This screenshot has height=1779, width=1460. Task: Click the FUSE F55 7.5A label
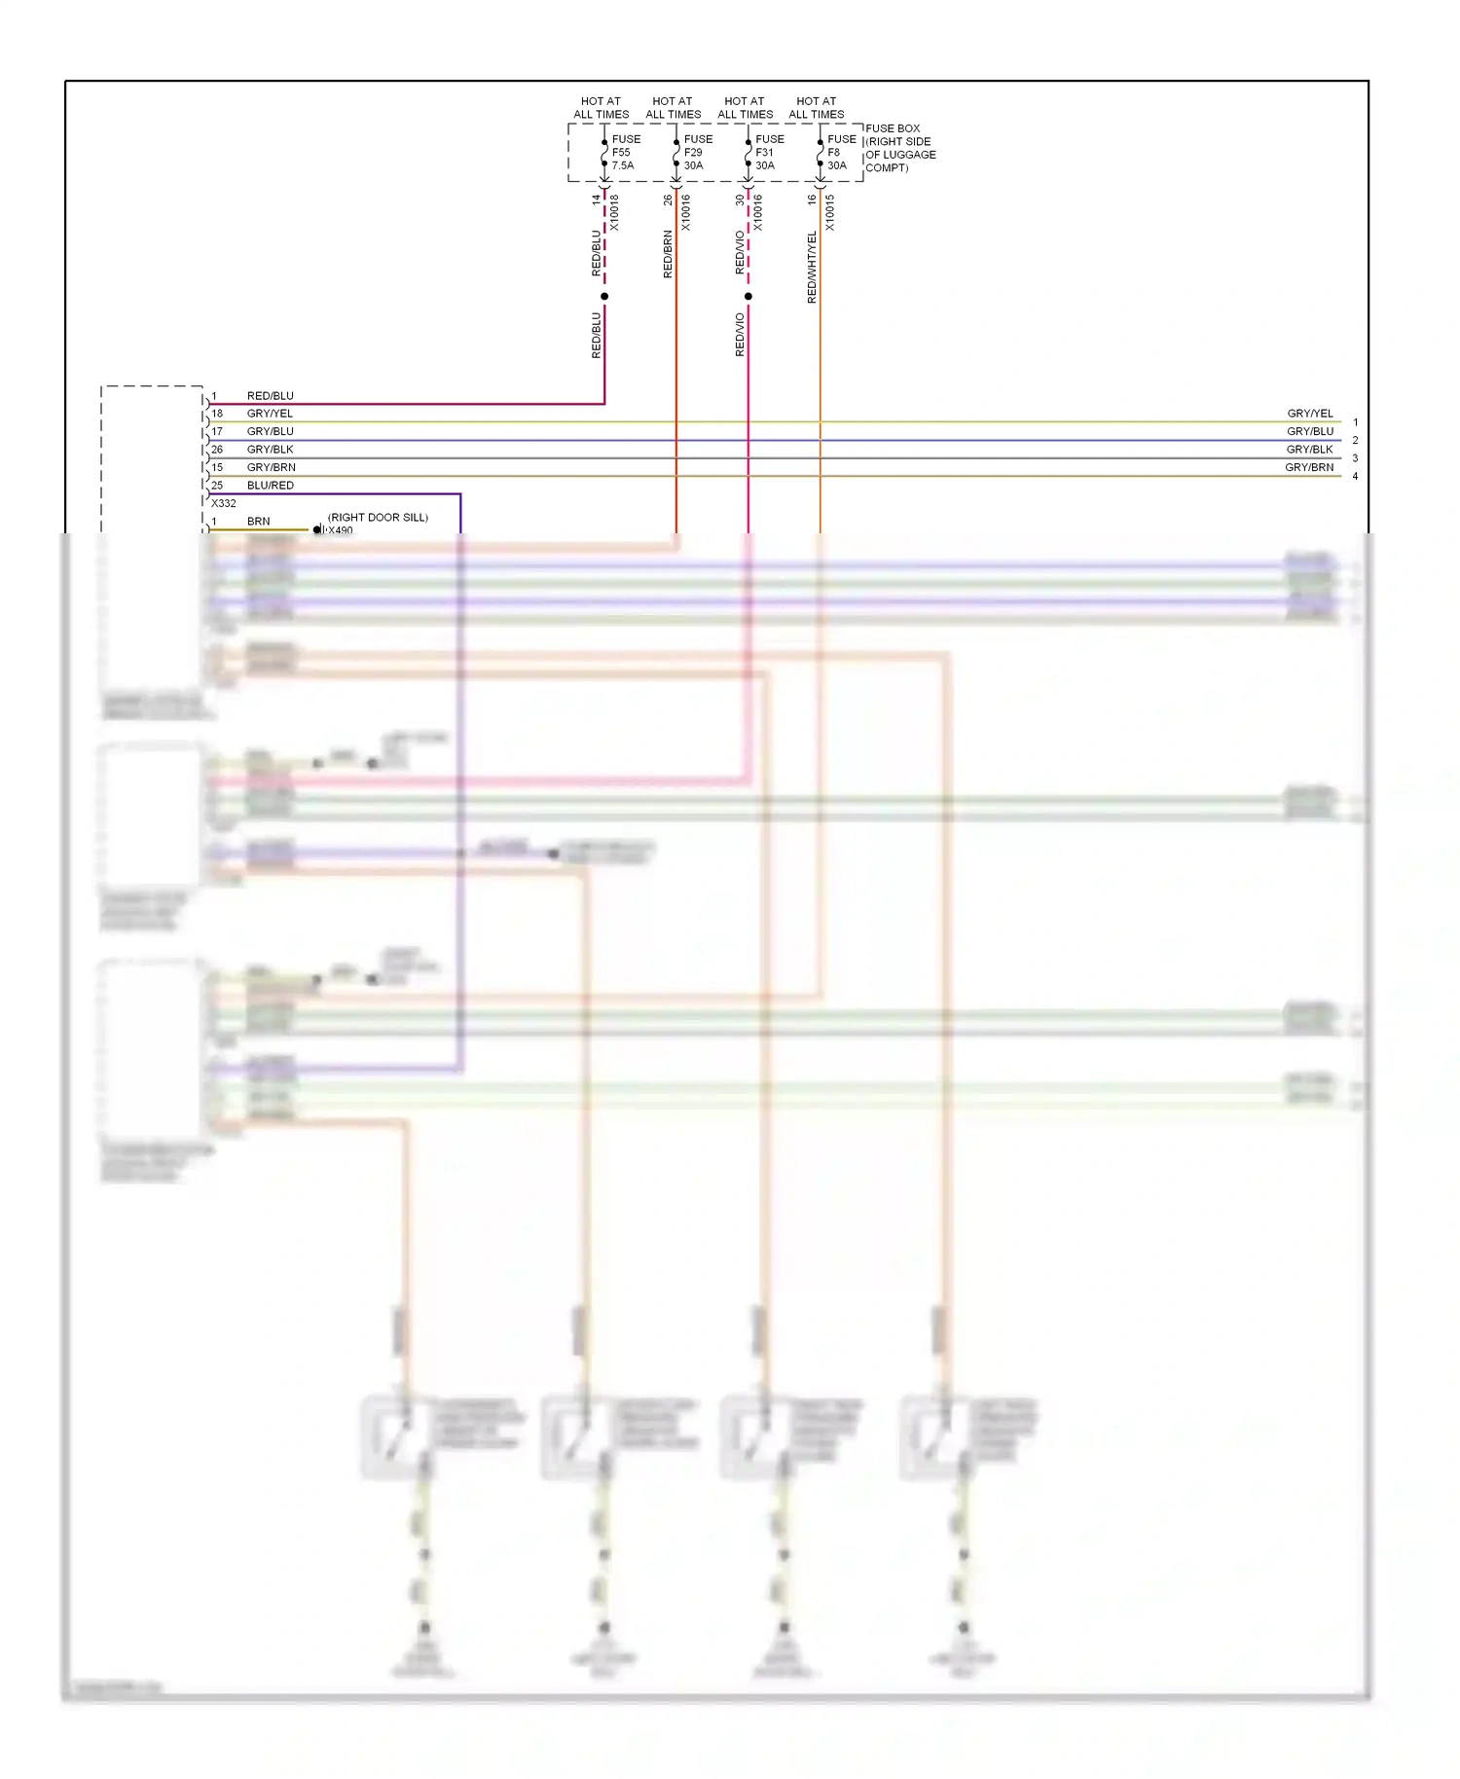pyautogui.click(x=625, y=153)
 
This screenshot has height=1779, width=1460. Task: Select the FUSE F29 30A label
pyautogui.click(x=697, y=153)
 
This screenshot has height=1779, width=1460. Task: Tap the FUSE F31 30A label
pyautogui.click(x=769, y=153)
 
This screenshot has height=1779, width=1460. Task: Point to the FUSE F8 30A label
pyautogui.click(x=841, y=153)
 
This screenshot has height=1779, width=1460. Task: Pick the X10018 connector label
pyautogui.click(x=614, y=212)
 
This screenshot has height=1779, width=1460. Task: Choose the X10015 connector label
pyautogui.click(x=830, y=212)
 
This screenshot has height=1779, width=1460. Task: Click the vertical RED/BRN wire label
pyautogui.click(x=668, y=254)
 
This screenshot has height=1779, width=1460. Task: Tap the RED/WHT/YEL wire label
pyautogui.click(x=812, y=267)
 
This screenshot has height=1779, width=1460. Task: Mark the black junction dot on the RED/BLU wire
pyautogui.click(x=604, y=296)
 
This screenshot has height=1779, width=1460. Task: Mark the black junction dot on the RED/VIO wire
pyautogui.click(x=748, y=296)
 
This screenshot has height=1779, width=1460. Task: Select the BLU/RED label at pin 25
pyautogui.click(x=270, y=486)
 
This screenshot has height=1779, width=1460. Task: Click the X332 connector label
pyautogui.click(x=224, y=503)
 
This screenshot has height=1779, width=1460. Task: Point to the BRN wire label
pyautogui.click(x=258, y=522)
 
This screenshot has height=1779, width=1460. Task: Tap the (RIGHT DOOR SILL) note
pyautogui.click(x=378, y=518)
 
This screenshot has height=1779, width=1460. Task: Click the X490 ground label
pyautogui.click(x=341, y=530)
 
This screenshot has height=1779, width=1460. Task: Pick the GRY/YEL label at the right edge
pyautogui.click(x=1310, y=414)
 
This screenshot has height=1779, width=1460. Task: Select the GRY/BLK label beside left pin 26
pyautogui.click(x=270, y=450)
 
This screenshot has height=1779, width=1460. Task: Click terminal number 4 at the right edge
pyautogui.click(x=1355, y=476)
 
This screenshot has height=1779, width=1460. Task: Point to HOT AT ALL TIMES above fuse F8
pyautogui.click(x=817, y=108)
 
